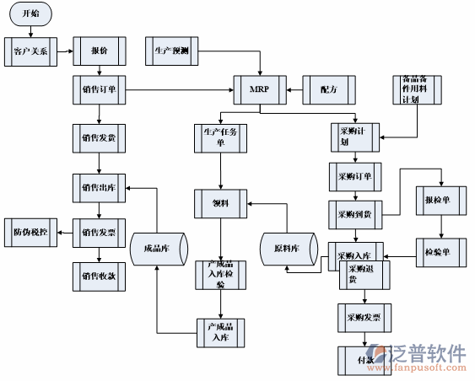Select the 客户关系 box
click(30, 51)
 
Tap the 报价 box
click(100, 51)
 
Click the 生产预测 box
click(171, 51)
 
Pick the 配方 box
click(329, 89)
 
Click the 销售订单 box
click(100, 89)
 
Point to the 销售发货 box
click(100, 137)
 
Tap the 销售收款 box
click(100, 275)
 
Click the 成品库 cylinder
click(158, 249)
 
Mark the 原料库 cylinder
click(288, 249)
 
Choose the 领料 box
click(221, 203)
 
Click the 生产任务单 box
click(221, 137)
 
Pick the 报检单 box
click(440, 201)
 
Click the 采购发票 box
click(364, 318)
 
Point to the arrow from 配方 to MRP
click(294, 89)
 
